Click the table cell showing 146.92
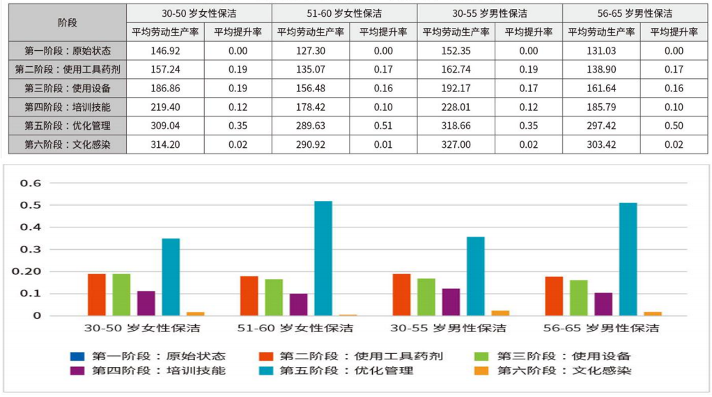(x=165, y=51)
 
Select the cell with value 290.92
(x=310, y=144)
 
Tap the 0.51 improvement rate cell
(x=383, y=126)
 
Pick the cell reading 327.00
(x=456, y=144)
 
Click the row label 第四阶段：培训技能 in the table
(x=68, y=107)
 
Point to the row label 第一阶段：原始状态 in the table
(x=68, y=51)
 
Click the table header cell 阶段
(x=68, y=22)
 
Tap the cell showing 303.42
(x=601, y=144)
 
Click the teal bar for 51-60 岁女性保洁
(x=323, y=258)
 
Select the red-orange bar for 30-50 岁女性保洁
(x=97, y=294)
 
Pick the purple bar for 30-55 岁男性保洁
(x=451, y=301)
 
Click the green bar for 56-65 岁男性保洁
(x=579, y=298)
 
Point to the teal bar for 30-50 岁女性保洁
(x=171, y=277)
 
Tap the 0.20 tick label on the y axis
(x=31, y=271)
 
